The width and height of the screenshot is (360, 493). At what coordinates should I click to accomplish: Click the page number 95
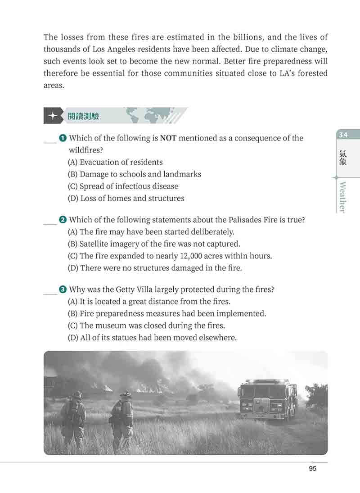[313, 469]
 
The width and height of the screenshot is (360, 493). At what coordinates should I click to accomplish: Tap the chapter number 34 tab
[344, 135]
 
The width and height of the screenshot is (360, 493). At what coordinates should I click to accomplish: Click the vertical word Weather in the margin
[343, 197]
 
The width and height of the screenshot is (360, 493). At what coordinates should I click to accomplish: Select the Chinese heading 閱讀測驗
[83, 116]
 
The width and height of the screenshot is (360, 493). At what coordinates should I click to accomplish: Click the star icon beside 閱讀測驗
[53, 116]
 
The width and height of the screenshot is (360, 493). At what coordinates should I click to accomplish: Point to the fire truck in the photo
[267, 399]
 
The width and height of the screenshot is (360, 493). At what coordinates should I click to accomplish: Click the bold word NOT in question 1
[168, 138]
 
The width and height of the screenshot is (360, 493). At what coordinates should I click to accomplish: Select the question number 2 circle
[63, 220]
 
